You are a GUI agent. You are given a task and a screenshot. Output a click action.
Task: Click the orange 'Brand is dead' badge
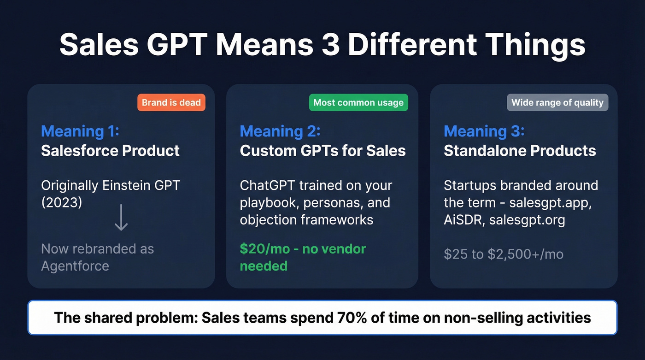point(171,102)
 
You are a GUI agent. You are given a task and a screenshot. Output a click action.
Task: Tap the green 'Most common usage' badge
point(358,102)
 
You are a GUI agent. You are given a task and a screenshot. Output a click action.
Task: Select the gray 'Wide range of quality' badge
point(557,102)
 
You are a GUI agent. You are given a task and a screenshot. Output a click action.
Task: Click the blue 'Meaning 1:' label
point(80,131)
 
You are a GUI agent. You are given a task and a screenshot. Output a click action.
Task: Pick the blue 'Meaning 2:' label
point(280,131)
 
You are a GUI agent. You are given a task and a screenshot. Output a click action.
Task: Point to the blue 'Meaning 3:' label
point(484,131)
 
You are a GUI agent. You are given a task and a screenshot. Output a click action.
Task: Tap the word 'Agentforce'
point(75,266)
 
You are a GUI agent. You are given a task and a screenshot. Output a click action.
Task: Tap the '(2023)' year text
point(62,202)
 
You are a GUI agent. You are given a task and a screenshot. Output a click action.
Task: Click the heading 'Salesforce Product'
point(110,151)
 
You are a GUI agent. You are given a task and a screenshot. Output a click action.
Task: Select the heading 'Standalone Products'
point(520,151)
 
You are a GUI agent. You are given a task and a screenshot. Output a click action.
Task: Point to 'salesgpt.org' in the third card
point(527,220)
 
